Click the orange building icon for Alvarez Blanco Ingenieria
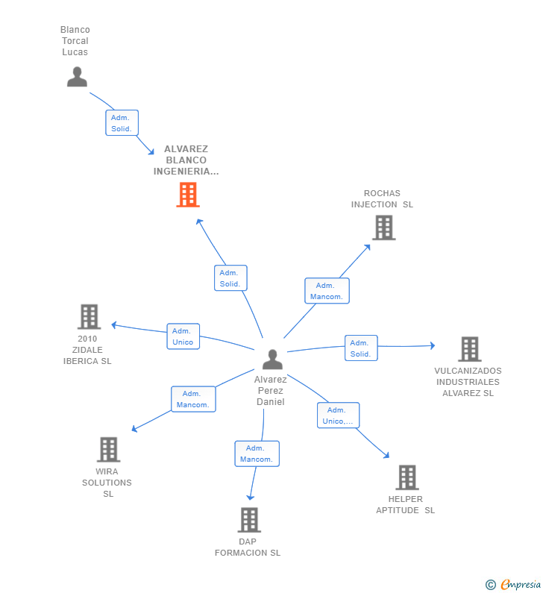(188, 195)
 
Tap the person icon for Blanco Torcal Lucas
(77, 77)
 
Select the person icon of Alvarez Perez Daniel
(272, 360)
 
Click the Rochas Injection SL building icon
(383, 228)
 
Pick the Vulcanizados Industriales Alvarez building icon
(469, 349)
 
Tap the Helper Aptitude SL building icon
(407, 477)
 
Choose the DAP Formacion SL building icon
(248, 520)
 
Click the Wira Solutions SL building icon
(108, 450)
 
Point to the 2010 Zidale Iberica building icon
(89, 317)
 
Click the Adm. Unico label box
(183, 336)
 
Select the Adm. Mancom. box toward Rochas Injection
(327, 291)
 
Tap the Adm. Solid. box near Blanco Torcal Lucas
(122, 123)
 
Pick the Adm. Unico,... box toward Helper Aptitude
(338, 415)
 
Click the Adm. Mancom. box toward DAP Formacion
(257, 454)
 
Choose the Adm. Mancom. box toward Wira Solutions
(193, 399)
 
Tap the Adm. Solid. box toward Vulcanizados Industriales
(361, 348)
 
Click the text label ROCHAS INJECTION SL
(382, 199)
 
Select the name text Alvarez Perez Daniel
(271, 390)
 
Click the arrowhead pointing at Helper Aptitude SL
(386, 455)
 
